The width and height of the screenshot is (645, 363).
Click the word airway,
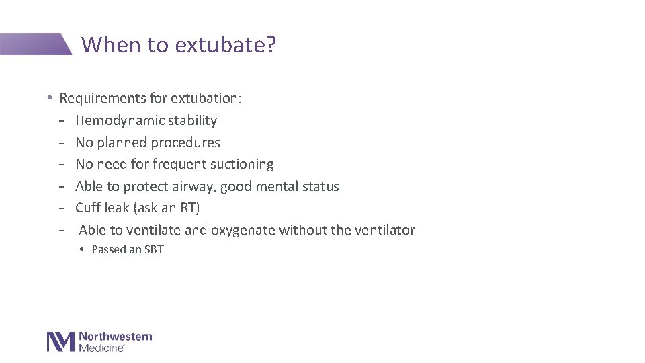[x=191, y=186]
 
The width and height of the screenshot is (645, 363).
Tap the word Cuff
[x=88, y=208]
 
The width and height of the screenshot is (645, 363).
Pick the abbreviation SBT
[x=154, y=250]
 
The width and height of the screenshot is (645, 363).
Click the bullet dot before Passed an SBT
[x=81, y=250]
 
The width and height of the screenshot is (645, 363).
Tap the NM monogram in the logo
[x=60, y=341]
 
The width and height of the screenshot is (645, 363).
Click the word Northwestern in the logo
[x=115, y=337]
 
